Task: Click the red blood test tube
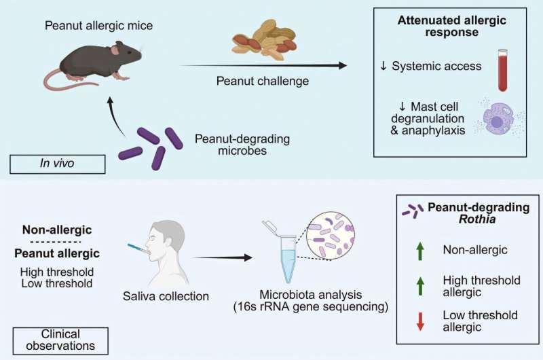point(502,70)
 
